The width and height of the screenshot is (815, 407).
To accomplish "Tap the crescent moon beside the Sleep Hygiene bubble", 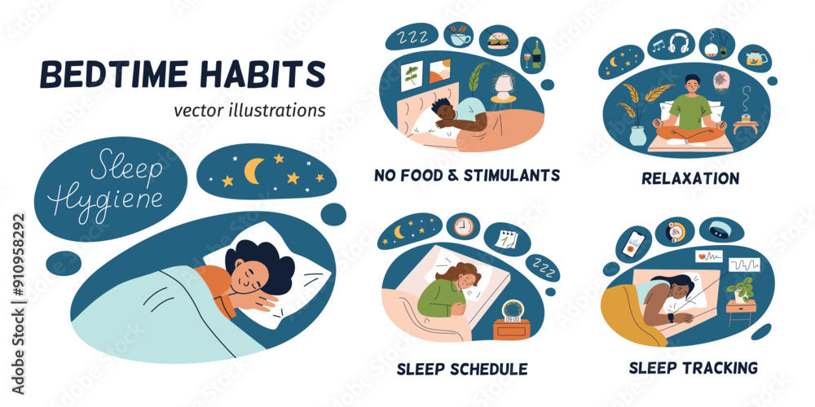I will point(255,170).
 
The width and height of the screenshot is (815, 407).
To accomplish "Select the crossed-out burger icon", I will point(497,40).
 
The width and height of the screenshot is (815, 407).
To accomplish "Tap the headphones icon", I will point(678,42).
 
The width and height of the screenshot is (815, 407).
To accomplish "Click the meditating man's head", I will point(691,84).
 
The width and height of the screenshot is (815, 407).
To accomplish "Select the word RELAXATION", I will point(691,177).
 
